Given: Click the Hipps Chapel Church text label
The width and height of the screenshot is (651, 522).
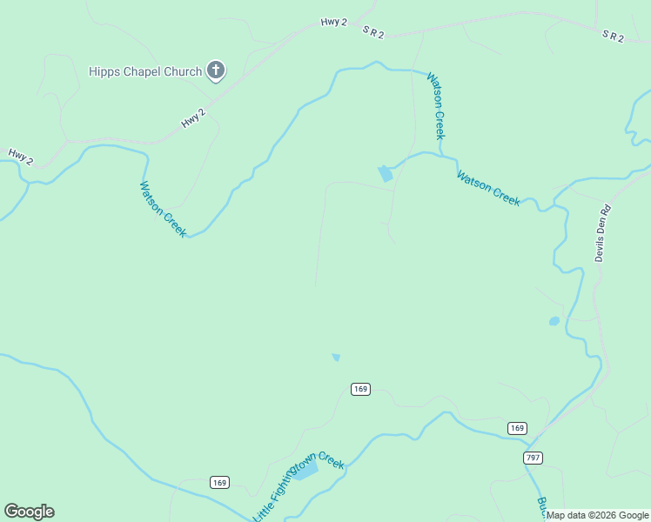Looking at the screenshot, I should coord(145,71).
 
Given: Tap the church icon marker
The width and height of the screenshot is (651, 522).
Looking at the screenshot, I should coord(216,70).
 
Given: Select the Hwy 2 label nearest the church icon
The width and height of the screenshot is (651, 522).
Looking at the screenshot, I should coord(194,118).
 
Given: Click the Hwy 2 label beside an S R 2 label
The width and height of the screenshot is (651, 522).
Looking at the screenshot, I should coord(334,23).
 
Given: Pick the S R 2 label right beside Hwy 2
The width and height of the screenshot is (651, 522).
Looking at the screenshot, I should coord(373,31).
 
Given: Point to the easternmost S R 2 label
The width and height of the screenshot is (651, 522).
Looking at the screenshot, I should coord(614,36).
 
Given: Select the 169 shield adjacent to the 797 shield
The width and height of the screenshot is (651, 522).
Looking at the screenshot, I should coord(517,428).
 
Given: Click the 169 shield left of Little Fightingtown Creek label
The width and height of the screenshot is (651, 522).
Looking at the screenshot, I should coord(219,482).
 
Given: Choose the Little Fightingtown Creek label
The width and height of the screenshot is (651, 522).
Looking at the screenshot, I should coord(299,486).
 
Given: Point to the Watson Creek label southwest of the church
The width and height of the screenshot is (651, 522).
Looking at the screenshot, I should coord(163,209).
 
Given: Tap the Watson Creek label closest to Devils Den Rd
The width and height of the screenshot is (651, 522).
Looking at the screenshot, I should coord(488,189).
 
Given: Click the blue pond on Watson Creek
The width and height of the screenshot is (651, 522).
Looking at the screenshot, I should coord(385,173).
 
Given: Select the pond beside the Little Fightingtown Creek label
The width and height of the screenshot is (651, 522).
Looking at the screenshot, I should coord(304,470).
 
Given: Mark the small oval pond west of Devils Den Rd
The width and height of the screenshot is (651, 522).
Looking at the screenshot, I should coord(554,321).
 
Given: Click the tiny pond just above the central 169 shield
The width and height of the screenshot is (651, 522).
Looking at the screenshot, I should coord(336,357).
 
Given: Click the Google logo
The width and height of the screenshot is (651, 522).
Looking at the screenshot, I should coord(29,512).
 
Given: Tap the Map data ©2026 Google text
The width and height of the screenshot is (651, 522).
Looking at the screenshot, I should coord(598,515).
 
